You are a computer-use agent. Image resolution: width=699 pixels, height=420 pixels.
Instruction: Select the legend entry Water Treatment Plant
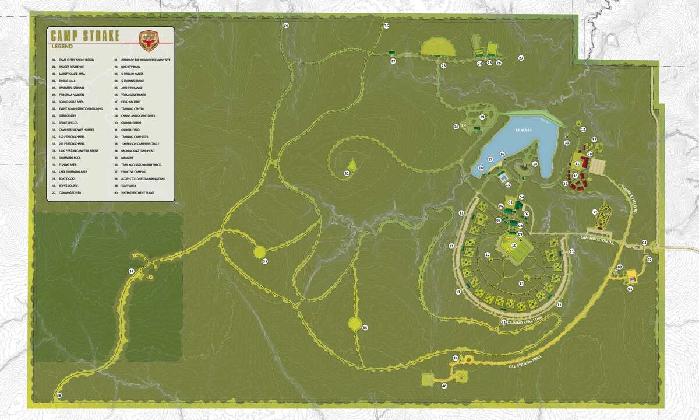tap(138, 192)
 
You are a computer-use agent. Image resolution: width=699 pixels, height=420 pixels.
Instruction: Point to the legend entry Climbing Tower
tap(71, 192)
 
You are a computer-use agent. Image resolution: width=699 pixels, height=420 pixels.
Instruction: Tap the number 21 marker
tap(347, 173)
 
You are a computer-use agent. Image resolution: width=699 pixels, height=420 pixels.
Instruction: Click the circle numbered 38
tap(59, 396)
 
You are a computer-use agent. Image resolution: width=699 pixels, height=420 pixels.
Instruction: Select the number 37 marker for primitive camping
tap(132, 271)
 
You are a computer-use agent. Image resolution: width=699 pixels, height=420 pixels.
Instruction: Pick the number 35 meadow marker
tap(365, 327)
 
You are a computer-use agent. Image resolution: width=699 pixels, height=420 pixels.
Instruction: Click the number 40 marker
tap(443, 386)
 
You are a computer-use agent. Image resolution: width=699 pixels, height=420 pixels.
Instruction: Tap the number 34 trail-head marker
tap(456, 358)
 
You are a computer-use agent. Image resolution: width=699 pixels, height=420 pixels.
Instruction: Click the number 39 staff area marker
tap(595, 212)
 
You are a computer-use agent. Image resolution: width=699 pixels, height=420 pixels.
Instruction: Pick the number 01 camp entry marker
tap(645, 242)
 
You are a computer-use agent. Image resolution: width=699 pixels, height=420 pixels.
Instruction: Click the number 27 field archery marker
tap(521, 58)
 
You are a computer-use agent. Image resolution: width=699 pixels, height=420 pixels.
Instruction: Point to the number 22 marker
tap(393, 61)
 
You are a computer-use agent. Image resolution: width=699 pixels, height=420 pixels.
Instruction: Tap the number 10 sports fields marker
tap(514, 246)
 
